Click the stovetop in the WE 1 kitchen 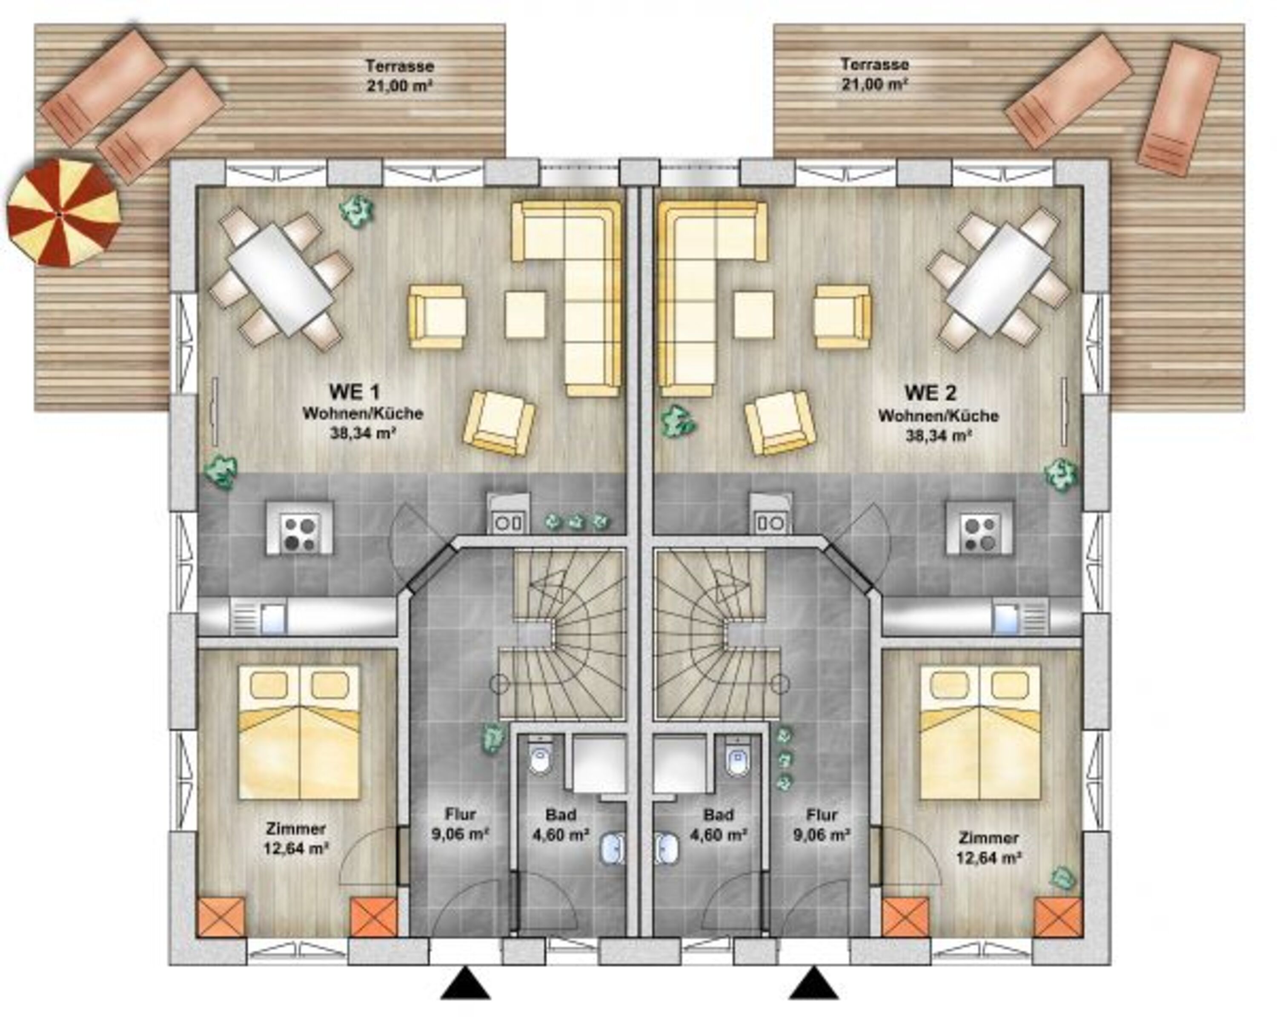click(x=299, y=533)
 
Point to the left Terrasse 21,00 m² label click(x=399, y=75)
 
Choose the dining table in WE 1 click(x=281, y=279)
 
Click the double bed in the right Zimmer click(x=980, y=733)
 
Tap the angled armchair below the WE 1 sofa click(x=499, y=423)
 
